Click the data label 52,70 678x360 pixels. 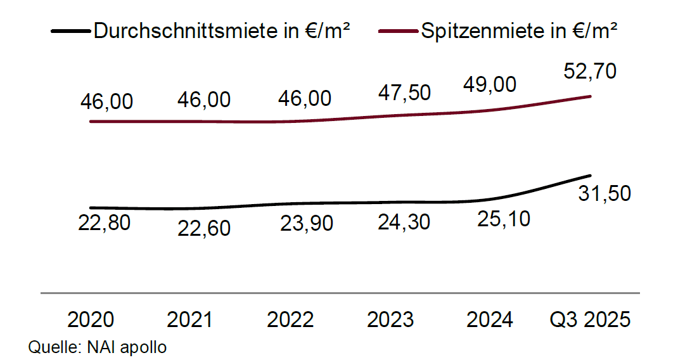pos(589,72)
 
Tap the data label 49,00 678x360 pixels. pos(490,84)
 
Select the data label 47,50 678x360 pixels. pos(404,93)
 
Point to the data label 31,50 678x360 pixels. pos(604,193)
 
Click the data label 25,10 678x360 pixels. pos(504,219)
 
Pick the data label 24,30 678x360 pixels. pos(404,222)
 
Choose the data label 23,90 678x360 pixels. pos(306,224)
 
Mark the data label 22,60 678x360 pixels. pos(204,228)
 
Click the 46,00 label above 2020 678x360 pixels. pos(106,101)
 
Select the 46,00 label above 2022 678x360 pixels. pos(304,99)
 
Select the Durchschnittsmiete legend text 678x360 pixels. pos(221,30)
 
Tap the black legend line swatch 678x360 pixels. pos(72,31)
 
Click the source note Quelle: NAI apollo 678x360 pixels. pos(97,347)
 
